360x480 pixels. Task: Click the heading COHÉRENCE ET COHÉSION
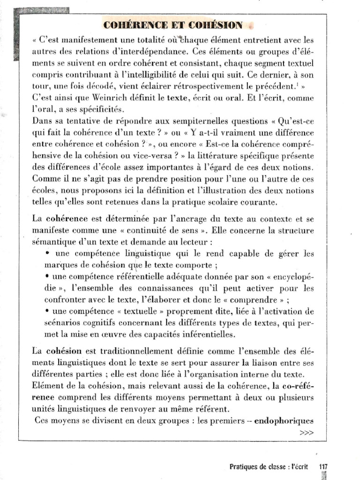(x=172, y=25)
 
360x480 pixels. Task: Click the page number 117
(x=323, y=466)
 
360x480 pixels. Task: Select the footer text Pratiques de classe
(x=259, y=466)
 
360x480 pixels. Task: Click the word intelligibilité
(x=173, y=75)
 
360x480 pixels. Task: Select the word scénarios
(x=62, y=323)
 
